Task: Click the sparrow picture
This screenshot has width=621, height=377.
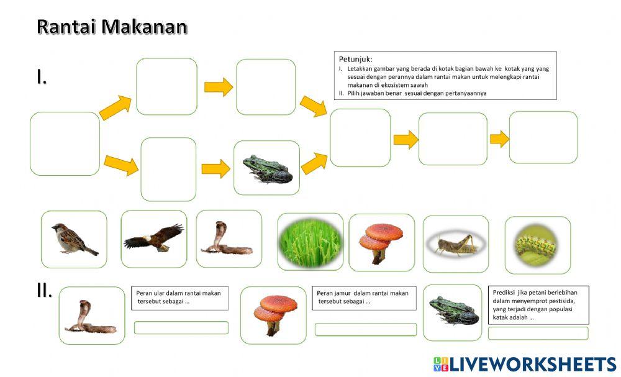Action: coord(73,239)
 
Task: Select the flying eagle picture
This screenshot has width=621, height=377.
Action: coord(153,238)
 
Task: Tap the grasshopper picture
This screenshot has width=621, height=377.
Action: coord(455,243)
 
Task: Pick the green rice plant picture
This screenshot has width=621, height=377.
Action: coord(310,242)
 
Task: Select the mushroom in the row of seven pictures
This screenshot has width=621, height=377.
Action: coord(381,242)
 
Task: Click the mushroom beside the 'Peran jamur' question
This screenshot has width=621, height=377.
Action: coord(273,315)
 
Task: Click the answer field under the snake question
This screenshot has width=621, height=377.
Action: coord(181,327)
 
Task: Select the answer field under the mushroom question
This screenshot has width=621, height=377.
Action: coord(365,329)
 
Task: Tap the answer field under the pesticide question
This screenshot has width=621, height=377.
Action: coord(538,333)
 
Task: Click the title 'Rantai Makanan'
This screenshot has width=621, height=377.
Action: coord(112,27)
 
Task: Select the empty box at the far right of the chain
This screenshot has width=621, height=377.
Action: coord(543,137)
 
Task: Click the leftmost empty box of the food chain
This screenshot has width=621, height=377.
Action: coord(65,143)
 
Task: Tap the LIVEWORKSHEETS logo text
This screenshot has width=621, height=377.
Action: coord(532,364)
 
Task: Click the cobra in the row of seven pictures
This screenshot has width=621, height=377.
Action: coord(228,238)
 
